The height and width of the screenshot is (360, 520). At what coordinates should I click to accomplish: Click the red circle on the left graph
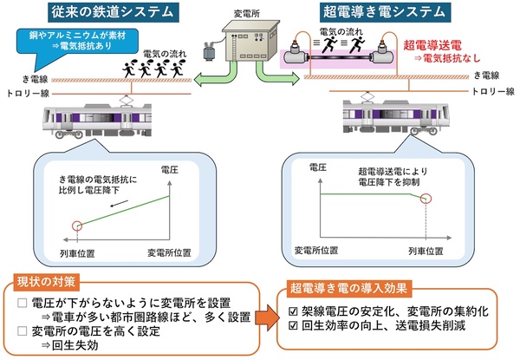click(x=78, y=226)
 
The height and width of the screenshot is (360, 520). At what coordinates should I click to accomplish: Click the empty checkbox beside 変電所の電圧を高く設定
click(x=23, y=331)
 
